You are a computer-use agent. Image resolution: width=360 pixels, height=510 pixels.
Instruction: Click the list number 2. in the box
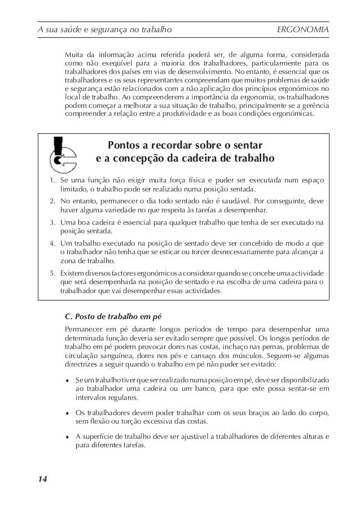coord(50,200)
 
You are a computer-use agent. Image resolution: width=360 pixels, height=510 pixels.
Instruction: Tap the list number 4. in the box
coord(50,241)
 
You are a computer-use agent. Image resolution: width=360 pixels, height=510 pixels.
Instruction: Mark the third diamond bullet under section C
coord(68,436)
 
